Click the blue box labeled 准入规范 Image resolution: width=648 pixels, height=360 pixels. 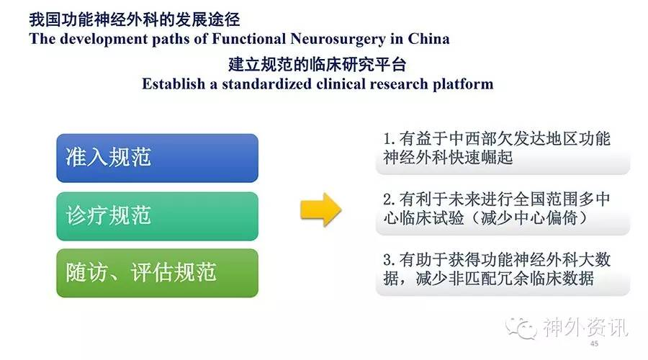[158, 158]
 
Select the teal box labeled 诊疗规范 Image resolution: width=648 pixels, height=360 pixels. [158, 216]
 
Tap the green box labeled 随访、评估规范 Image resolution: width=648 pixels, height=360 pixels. [158, 273]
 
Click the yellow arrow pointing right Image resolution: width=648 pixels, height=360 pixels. [320, 210]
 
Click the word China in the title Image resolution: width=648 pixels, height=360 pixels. [428, 38]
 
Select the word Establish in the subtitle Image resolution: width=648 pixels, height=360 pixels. [174, 84]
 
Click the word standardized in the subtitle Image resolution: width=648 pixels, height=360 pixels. [266, 84]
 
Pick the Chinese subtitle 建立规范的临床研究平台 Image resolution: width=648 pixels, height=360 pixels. [318, 65]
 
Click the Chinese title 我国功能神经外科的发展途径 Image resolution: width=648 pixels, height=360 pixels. [135, 19]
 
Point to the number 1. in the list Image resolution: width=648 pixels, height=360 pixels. [389, 139]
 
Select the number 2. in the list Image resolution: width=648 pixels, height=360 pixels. [389, 199]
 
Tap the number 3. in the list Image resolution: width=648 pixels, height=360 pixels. [389, 260]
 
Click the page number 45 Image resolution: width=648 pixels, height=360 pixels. [594, 343]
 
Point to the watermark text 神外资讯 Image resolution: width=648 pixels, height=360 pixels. [585, 328]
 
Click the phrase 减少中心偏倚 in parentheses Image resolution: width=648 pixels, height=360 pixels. [529, 218]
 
